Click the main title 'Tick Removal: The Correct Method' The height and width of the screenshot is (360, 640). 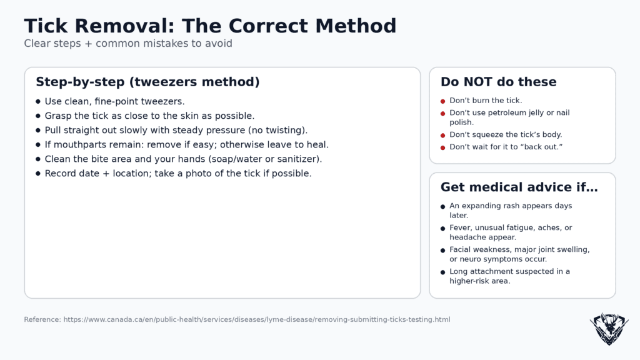point(210,26)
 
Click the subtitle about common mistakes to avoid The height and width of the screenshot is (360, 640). point(128,44)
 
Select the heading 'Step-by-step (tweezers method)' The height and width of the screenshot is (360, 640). point(147,82)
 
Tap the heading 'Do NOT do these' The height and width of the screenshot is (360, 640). point(498,82)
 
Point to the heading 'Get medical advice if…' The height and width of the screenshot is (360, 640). point(519,187)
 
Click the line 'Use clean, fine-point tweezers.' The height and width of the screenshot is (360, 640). point(114,101)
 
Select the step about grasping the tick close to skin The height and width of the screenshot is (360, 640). point(149,116)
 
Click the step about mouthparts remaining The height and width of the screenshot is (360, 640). point(186,144)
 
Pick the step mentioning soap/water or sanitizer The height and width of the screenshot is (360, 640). point(183,159)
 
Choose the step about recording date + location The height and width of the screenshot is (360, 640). point(177,173)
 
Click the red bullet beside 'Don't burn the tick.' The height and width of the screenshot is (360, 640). point(442,101)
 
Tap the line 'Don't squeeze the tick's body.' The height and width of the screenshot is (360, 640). point(506,134)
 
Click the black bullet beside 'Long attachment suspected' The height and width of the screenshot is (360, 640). point(442,272)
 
